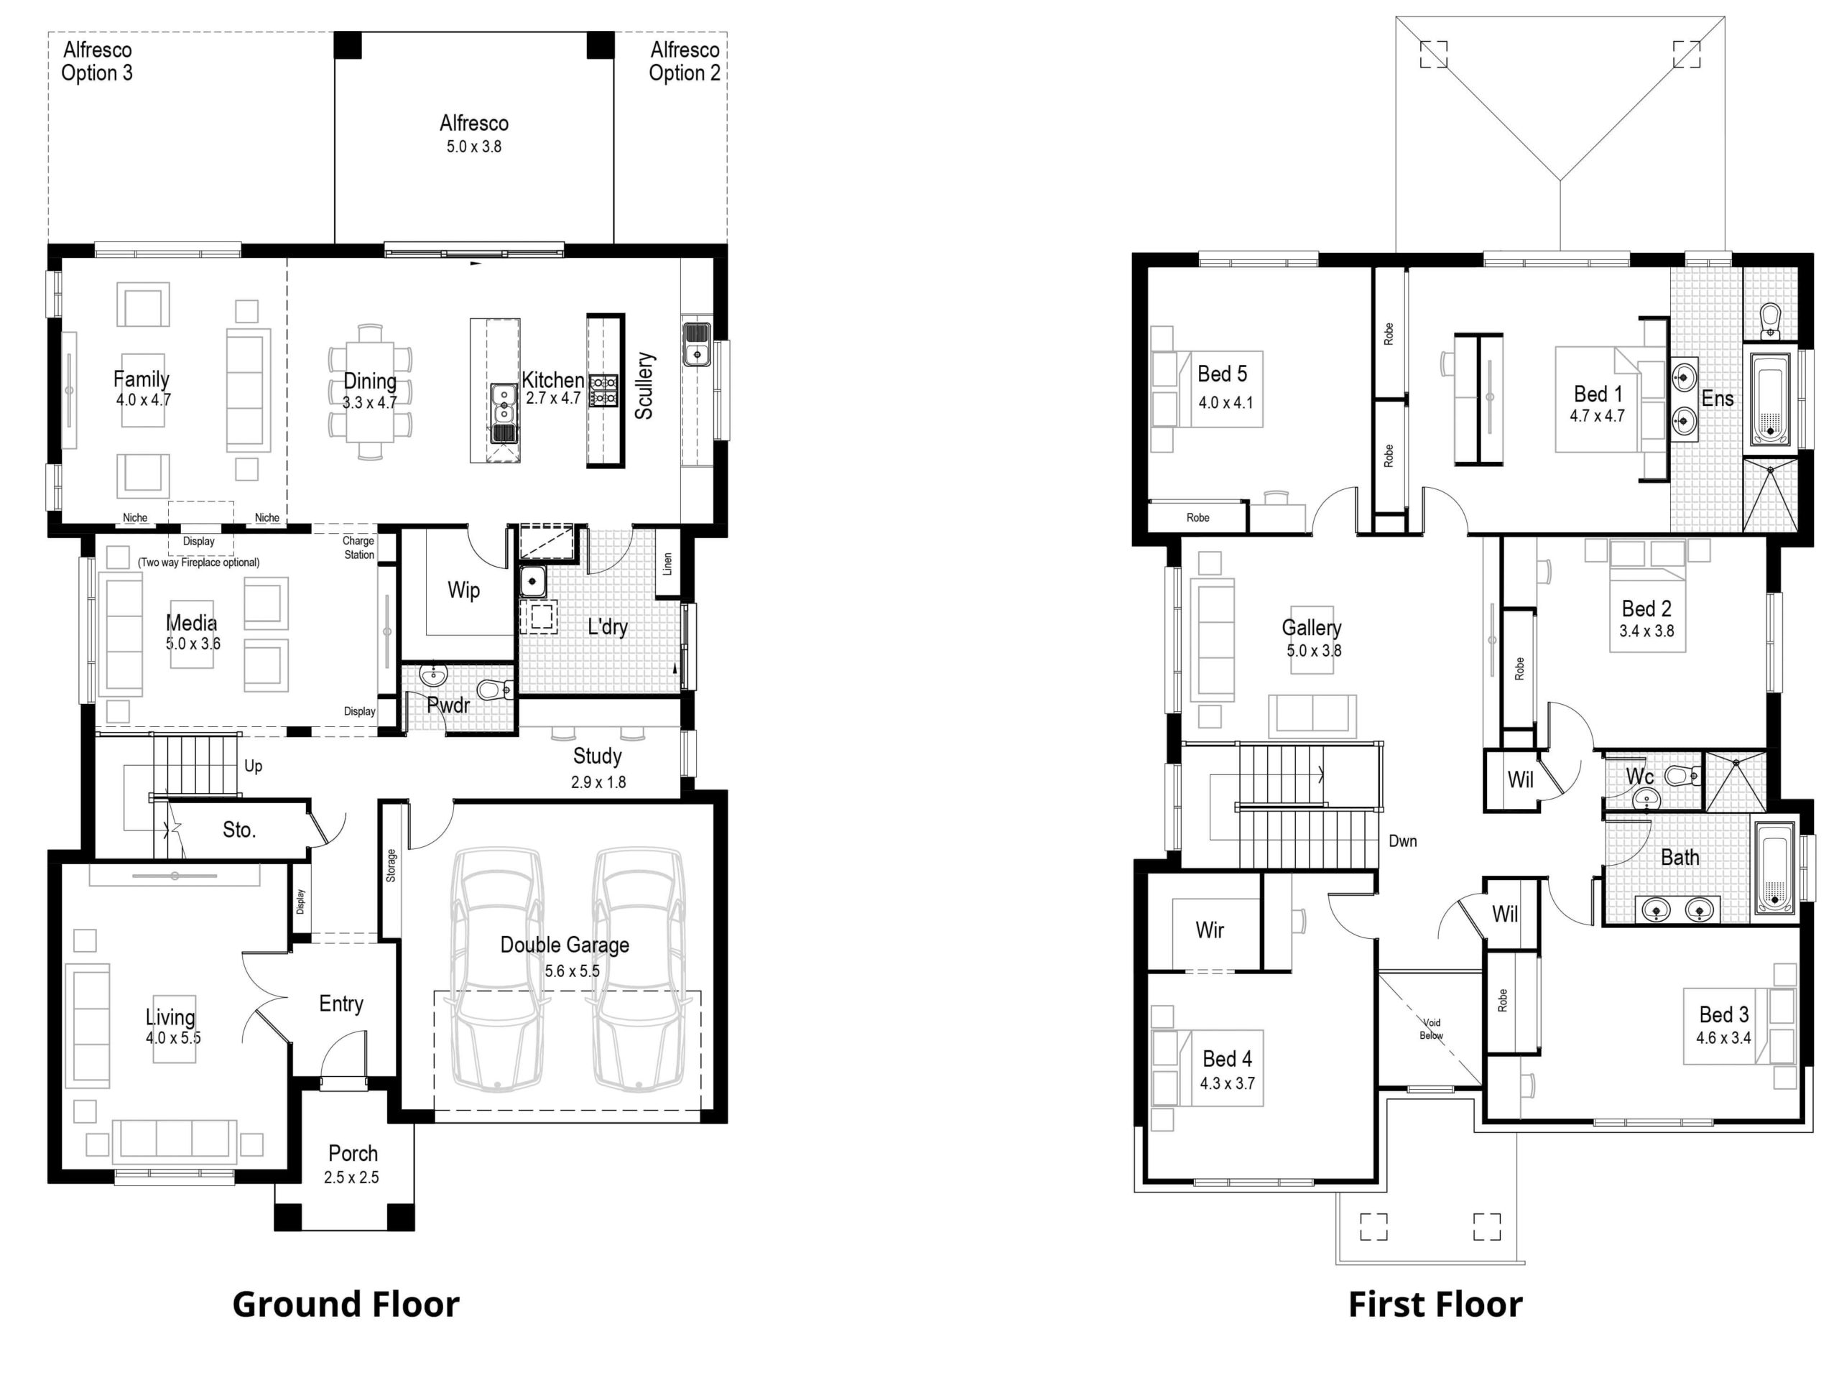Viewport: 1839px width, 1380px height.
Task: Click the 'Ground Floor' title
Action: pyautogui.click(x=345, y=1304)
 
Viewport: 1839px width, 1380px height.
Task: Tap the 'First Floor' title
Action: pyautogui.click(x=1435, y=1304)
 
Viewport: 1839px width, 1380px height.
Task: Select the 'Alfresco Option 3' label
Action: pyautogui.click(x=97, y=62)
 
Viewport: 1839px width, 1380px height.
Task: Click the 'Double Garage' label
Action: pyautogui.click(x=565, y=945)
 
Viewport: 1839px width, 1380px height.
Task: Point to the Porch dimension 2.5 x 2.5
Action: pyautogui.click(x=352, y=1177)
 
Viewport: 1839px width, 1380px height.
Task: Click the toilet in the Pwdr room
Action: pyautogui.click(x=496, y=689)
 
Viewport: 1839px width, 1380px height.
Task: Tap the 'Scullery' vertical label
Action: pyautogui.click(x=644, y=385)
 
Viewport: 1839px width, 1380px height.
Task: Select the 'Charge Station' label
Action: pyautogui.click(x=359, y=548)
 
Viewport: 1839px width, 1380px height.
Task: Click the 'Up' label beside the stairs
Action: pyautogui.click(x=254, y=766)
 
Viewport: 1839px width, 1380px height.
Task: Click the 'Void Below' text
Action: pyautogui.click(x=1432, y=1029)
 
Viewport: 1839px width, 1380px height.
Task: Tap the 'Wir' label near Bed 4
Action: pyautogui.click(x=1210, y=930)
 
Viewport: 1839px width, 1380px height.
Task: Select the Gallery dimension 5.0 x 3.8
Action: pyautogui.click(x=1315, y=651)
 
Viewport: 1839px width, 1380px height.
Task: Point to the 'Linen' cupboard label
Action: pyautogui.click(x=667, y=565)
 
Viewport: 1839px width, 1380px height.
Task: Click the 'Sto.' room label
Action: pyautogui.click(x=239, y=830)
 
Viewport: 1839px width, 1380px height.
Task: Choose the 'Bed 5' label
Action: pyautogui.click(x=1222, y=374)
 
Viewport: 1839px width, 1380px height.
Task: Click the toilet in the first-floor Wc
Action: pyautogui.click(x=1685, y=777)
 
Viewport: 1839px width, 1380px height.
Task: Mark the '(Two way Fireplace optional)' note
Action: pyautogui.click(x=199, y=562)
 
